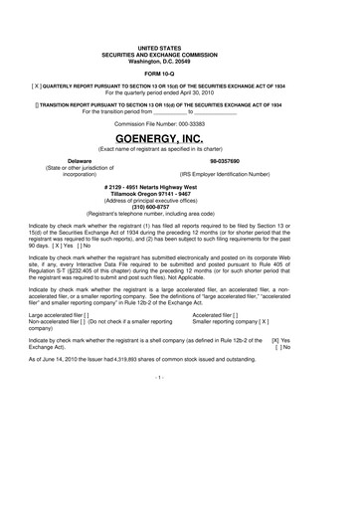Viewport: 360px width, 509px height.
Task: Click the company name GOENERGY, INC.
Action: [x=179, y=137]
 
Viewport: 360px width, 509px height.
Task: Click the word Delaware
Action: [x=66, y=160]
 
